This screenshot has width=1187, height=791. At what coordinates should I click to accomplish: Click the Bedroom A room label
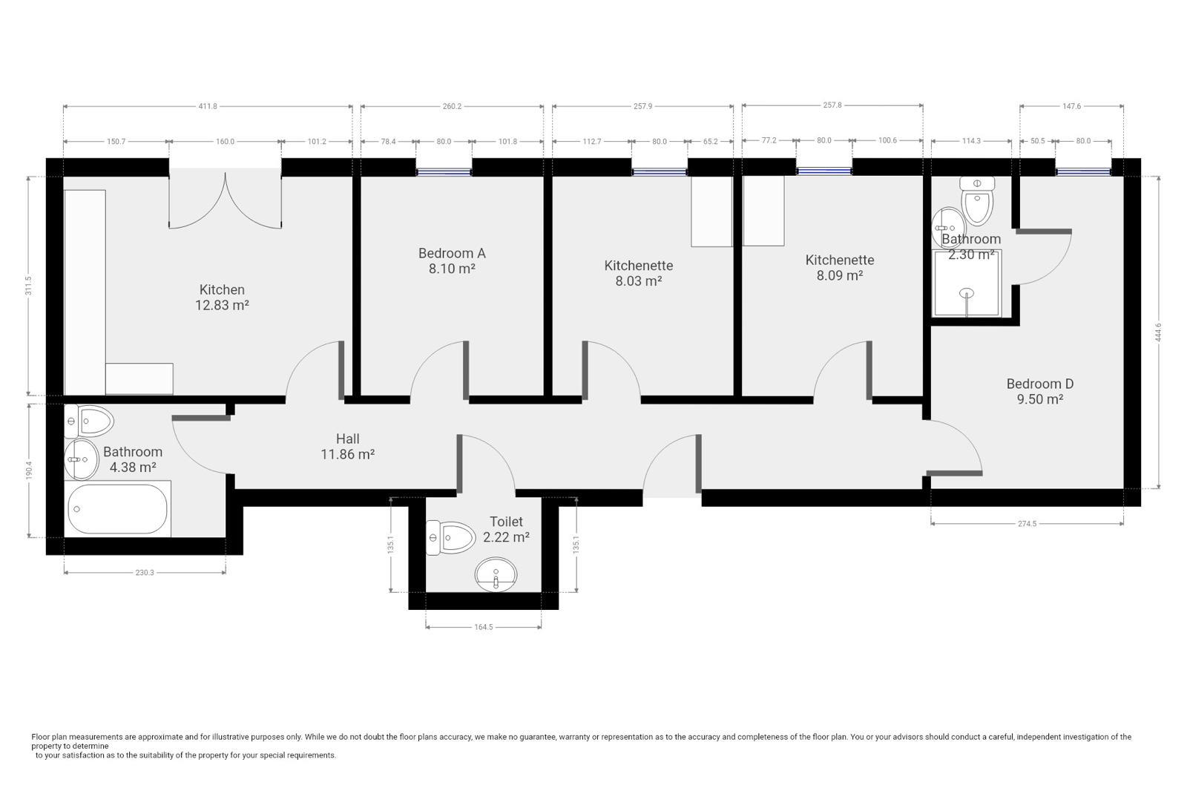point(451,253)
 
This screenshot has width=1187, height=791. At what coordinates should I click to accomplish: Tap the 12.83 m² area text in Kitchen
point(222,305)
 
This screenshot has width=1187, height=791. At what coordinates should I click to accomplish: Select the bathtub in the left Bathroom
point(117,508)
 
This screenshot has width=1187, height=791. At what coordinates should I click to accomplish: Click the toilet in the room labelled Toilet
point(450,537)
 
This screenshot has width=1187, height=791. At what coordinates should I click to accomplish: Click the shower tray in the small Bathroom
point(967,283)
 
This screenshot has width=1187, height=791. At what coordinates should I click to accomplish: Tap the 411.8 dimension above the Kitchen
point(208,106)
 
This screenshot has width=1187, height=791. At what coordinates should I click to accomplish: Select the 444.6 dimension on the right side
point(1158,332)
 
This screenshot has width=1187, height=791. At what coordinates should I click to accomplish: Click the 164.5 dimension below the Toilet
point(483,627)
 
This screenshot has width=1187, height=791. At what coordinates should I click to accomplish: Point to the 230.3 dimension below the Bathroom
point(145,572)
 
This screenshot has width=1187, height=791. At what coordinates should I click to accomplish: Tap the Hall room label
point(347,439)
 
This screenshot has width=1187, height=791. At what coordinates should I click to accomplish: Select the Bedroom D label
point(1039,384)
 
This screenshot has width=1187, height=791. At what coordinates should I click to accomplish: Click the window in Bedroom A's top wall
point(444,172)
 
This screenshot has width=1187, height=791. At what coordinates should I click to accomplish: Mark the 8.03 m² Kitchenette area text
point(638,281)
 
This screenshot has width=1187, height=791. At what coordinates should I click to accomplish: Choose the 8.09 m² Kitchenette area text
point(839,276)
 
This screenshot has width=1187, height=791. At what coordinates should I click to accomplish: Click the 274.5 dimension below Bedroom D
point(1027,523)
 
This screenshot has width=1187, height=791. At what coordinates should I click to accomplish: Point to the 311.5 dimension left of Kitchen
point(28,286)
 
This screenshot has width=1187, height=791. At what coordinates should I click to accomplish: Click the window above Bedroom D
point(1083,172)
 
